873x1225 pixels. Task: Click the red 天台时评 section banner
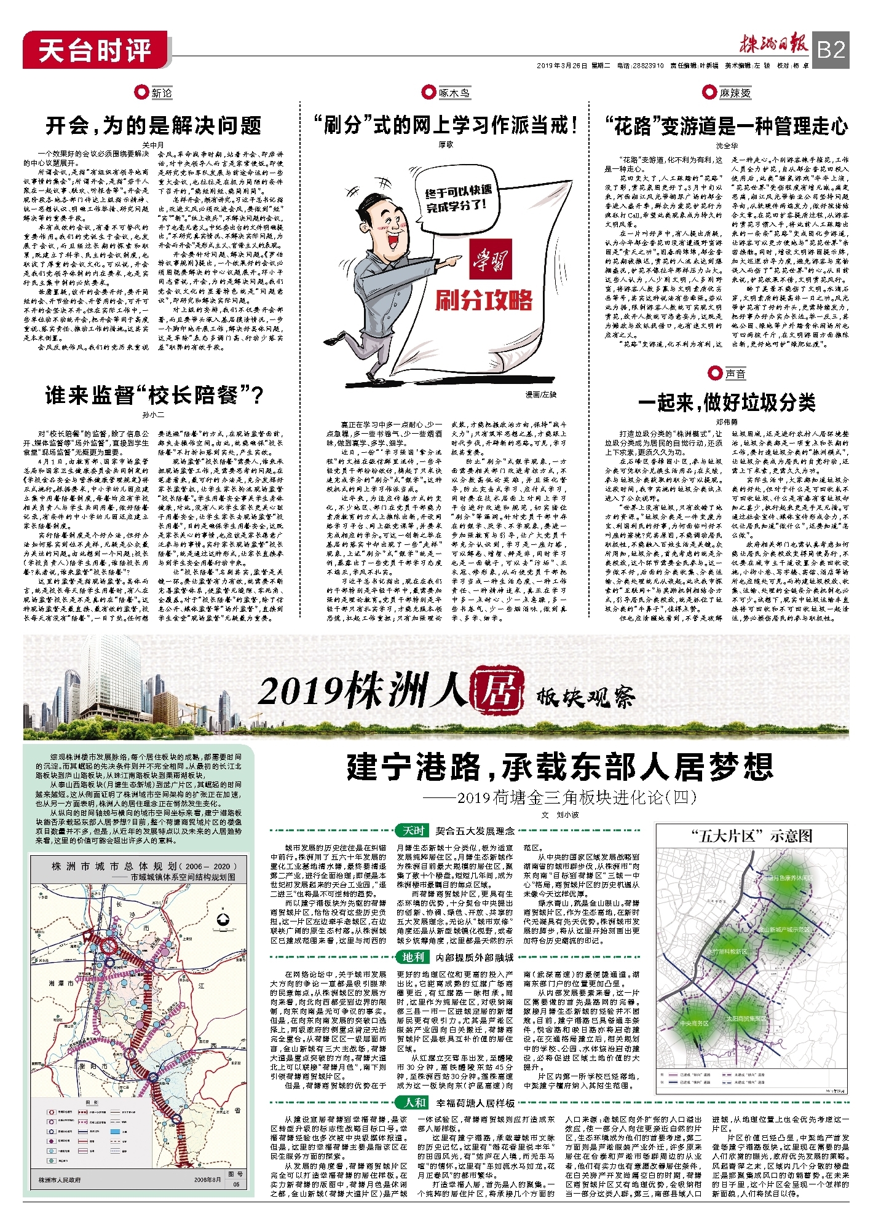(x=95, y=50)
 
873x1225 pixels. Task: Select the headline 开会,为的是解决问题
(x=154, y=126)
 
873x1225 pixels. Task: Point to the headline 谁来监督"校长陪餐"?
(x=154, y=396)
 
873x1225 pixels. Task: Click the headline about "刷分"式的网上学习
(x=446, y=125)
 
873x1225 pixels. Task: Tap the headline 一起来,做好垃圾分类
(x=727, y=402)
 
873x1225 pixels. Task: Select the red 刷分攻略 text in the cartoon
(x=484, y=300)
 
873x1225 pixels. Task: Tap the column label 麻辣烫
(x=735, y=93)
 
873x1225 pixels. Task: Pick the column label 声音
(x=735, y=374)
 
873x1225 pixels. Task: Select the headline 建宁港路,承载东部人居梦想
(x=559, y=766)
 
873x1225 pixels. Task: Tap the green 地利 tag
(x=413, y=957)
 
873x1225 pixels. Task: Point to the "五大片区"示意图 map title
(x=752, y=836)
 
